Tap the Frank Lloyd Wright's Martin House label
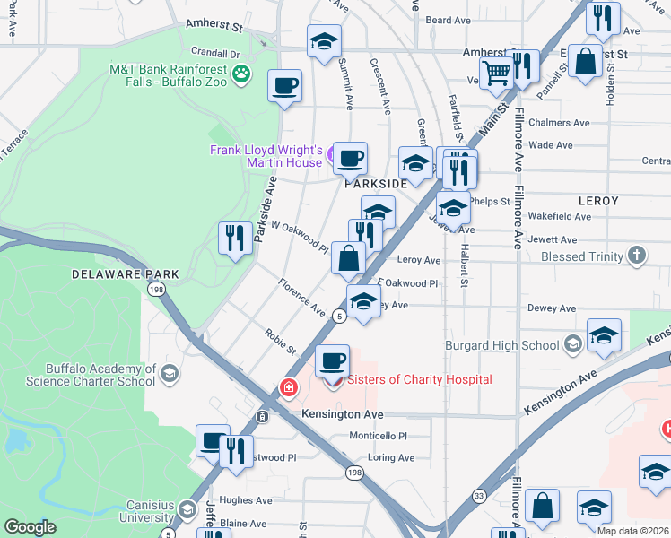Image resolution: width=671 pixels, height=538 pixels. pyautogui.click(x=266, y=156)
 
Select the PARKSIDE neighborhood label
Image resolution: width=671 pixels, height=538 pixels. pyautogui.click(x=376, y=183)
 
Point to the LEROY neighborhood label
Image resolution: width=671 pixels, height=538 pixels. pyautogui.click(x=598, y=201)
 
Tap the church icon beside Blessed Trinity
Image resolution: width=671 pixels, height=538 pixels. pyautogui.click(x=637, y=256)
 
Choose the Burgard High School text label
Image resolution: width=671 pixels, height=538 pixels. pyautogui.click(x=501, y=345)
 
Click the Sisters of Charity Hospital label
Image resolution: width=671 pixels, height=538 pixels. pyautogui.click(x=419, y=379)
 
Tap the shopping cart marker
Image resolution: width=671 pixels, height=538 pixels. pyautogui.click(x=495, y=71)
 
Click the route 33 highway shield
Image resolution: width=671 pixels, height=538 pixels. pyautogui.click(x=478, y=494)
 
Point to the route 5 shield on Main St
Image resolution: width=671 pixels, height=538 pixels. pyautogui.click(x=339, y=316)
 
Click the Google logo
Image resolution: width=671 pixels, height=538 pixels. pyautogui.click(x=30, y=527)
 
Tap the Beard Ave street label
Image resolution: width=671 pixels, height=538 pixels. pyautogui.click(x=448, y=19)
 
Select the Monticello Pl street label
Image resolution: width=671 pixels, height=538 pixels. pyautogui.click(x=378, y=436)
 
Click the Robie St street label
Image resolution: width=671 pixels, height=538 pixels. pyautogui.click(x=280, y=342)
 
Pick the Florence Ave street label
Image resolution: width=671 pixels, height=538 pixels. pyautogui.click(x=301, y=298)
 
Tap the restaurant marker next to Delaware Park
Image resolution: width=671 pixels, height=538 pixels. pyautogui.click(x=235, y=238)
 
